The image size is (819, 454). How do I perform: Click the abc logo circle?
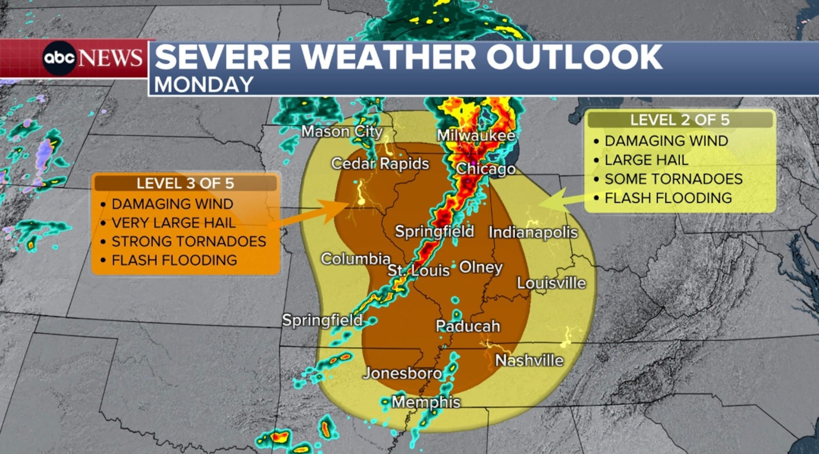60,58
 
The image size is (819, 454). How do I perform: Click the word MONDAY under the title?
204,85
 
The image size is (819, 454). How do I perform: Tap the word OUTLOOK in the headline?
574,57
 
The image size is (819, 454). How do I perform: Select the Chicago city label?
486,169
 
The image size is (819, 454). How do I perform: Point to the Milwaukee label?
476,136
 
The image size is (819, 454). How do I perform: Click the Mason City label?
342,132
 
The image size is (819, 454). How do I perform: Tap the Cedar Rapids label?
380,164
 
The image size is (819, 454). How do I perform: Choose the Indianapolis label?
533,232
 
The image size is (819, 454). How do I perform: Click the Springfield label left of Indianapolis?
434,231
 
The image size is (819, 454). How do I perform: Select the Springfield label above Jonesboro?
322,320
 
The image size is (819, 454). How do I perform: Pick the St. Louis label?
418,271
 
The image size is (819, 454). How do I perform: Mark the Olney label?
481,267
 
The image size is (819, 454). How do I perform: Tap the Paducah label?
468,326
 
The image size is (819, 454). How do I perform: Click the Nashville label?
529,361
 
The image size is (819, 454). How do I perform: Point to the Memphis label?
426,402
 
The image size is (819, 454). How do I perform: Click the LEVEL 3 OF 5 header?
185,184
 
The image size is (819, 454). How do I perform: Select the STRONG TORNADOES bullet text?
189,241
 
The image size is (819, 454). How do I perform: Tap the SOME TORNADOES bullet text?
673,179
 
